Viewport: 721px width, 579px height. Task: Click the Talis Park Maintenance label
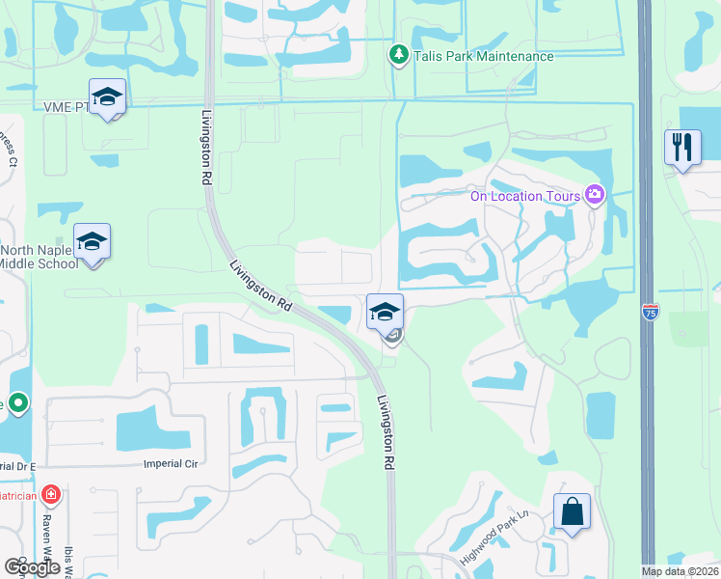[484, 56]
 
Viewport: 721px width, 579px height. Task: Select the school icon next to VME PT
[108, 96]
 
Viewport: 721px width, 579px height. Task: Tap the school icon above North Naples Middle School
[92, 241]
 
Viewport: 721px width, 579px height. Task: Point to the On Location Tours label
[524, 196]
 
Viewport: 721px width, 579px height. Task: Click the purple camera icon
[594, 196]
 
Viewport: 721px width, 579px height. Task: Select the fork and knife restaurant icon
[682, 148]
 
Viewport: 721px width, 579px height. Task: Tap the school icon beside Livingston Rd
[384, 312]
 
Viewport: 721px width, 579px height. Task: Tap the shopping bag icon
[573, 511]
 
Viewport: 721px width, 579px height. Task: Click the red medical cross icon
[51, 495]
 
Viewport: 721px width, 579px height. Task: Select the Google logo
[32, 566]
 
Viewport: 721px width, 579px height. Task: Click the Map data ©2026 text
[680, 572]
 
